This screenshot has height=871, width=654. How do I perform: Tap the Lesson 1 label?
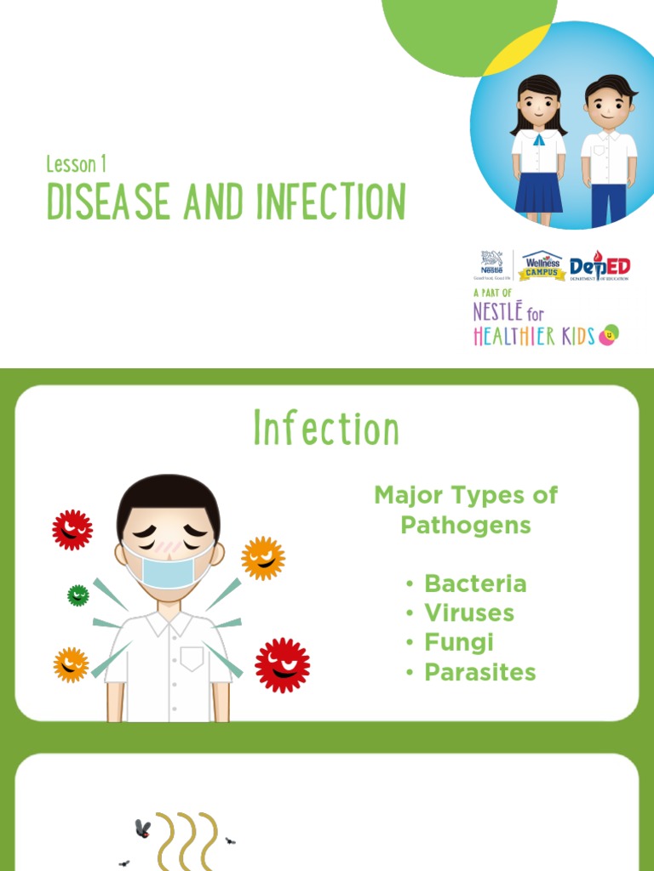(x=77, y=164)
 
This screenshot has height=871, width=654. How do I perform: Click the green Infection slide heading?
(x=326, y=429)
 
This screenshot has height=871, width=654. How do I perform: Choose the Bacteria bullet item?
(x=475, y=584)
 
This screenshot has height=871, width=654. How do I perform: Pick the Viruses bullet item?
(x=469, y=613)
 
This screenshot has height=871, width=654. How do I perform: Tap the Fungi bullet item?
(x=459, y=642)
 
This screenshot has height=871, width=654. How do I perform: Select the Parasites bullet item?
(x=480, y=672)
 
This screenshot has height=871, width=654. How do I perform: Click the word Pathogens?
(x=466, y=525)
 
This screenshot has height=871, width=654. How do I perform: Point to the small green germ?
(x=78, y=595)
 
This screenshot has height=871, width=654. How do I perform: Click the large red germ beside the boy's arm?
(x=283, y=664)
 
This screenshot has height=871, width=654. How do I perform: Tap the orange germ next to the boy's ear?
(x=262, y=558)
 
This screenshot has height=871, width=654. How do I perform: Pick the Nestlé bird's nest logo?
(x=492, y=265)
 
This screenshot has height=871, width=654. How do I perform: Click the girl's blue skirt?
(x=538, y=192)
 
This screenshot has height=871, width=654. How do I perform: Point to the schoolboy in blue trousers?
(x=609, y=153)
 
